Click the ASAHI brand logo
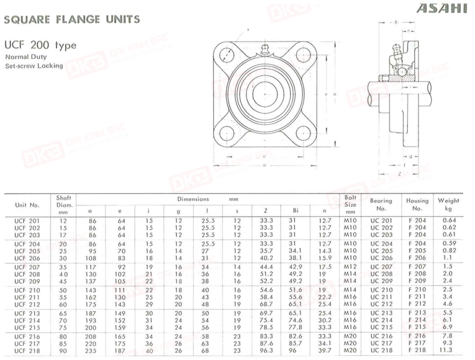click(442, 8)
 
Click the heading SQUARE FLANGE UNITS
click(72, 20)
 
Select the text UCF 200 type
click(40, 45)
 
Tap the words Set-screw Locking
click(34, 66)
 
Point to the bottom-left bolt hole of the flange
click(227, 134)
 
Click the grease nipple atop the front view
click(265, 49)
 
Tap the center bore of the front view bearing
click(265, 94)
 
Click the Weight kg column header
click(448, 204)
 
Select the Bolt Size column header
click(350, 204)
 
